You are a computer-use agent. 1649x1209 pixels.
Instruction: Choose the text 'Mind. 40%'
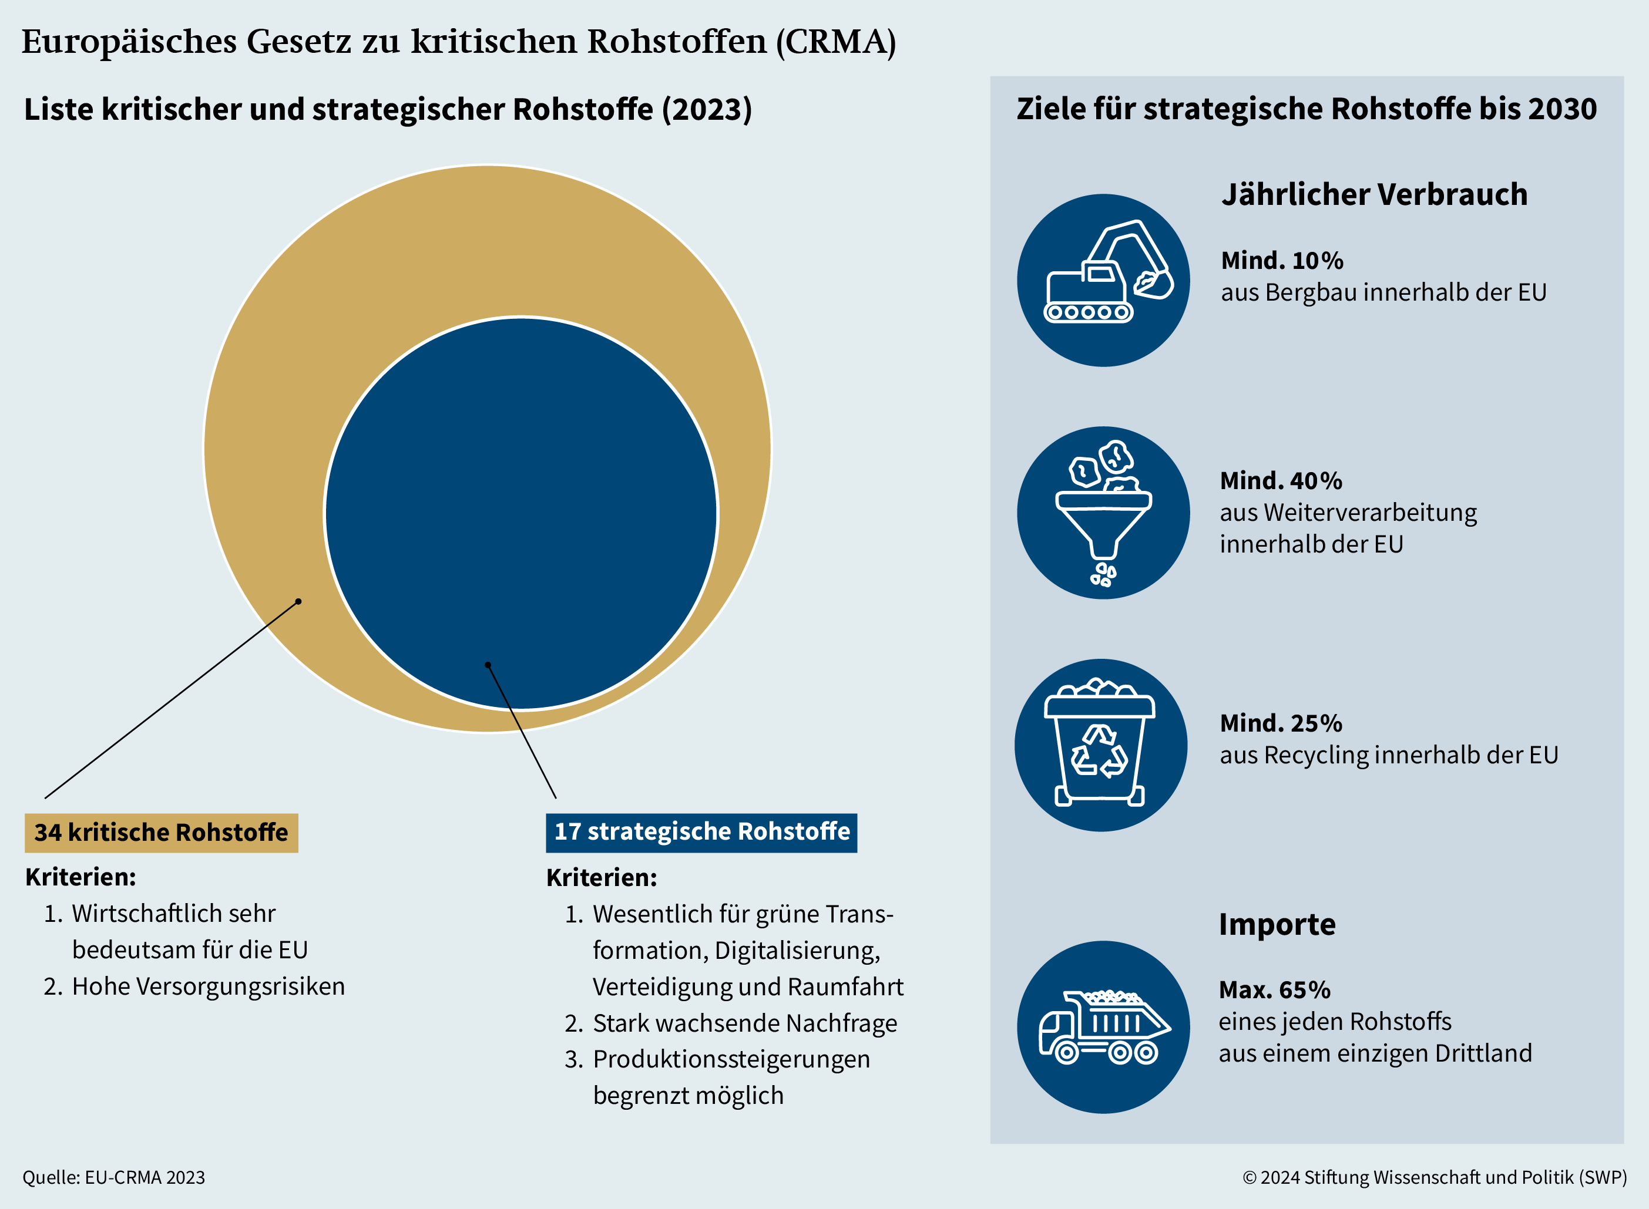pos(1281,481)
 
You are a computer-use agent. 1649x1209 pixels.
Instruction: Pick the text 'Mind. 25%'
pos(1281,723)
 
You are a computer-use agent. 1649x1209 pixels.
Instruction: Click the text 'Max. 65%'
pos(1274,989)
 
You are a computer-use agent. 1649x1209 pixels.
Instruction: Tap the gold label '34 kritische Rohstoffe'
pos(161,832)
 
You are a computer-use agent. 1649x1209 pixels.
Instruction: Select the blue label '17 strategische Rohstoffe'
pos(701,832)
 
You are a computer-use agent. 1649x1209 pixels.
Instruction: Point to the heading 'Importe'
pos(1277,924)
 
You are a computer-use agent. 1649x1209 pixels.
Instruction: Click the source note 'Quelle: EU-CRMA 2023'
pos(113,1177)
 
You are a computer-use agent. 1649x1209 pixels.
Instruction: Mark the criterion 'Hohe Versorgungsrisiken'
pos(208,986)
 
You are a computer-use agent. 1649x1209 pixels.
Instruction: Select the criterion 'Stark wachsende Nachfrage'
pos(745,1023)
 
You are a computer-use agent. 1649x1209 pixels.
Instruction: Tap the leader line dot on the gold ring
pos(298,602)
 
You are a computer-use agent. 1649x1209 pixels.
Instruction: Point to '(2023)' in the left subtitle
pos(707,110)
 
